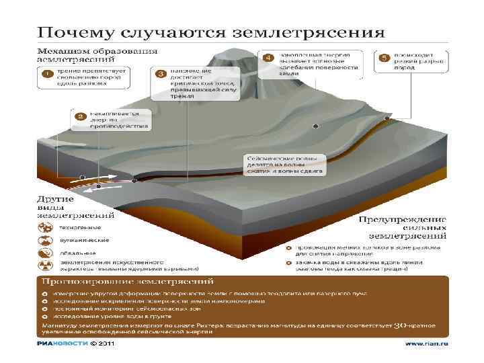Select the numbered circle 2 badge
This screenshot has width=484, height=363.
[x=80, y=117]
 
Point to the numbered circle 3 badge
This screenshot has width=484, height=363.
[x=161, y=73]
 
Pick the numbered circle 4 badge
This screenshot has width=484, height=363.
[x=268, y=58]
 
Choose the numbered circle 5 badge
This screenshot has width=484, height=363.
[x=385, y=58]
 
